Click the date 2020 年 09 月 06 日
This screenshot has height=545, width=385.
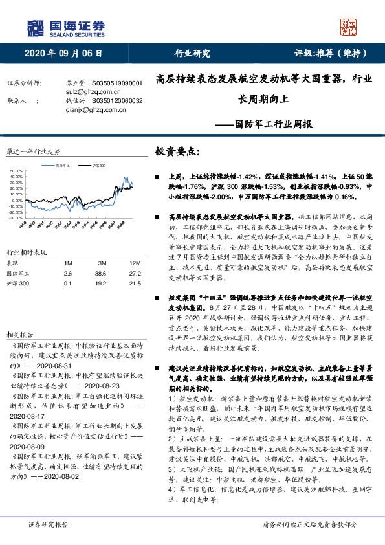63,54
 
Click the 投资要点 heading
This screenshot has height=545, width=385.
177,151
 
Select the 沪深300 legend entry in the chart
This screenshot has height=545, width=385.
98,166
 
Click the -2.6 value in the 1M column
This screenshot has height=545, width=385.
67,274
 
